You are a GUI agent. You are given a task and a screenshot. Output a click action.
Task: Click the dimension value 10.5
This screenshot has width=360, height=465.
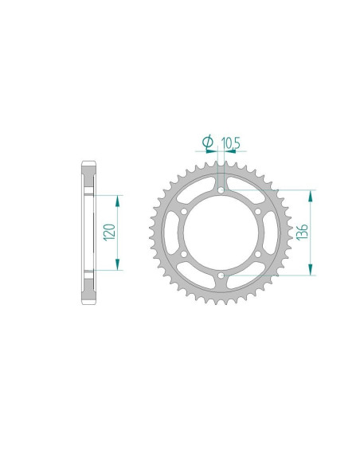tap(231, 143)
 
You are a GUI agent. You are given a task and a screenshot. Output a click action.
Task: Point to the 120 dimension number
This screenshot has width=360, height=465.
tap(111, 232)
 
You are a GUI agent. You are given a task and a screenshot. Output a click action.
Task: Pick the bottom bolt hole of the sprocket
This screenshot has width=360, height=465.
tap(219, 275)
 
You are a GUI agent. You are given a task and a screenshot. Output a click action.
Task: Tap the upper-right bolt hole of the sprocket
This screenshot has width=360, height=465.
tap(256, 212)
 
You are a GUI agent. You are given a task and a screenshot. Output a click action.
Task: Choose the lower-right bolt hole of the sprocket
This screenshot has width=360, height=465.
tap(256, 254)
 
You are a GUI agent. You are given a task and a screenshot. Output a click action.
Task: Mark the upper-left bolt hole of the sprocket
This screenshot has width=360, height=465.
tap(182, 212)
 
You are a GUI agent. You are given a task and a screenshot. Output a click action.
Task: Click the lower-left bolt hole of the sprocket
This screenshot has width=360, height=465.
tap(182, 254)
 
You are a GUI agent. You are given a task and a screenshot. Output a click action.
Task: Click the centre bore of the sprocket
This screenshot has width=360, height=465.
tap(219, 233)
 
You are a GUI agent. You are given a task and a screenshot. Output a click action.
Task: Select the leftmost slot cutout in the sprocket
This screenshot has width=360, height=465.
tap(168, 233)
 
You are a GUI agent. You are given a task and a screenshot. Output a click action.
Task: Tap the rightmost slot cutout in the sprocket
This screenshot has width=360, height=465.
tap(270, 233)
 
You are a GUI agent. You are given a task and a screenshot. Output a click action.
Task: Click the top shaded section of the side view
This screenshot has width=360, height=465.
tap(88, 179)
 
